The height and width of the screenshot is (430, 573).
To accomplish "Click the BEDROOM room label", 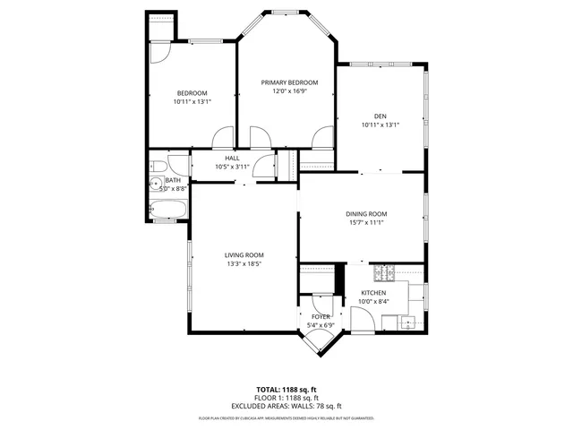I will point(192,93).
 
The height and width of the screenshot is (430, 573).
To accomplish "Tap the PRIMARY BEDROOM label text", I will point(289,82).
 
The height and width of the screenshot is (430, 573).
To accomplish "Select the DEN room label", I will point(380,116).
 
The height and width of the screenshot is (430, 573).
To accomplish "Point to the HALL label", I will point(232,158).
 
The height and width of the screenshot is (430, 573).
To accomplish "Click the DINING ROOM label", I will point(365,213).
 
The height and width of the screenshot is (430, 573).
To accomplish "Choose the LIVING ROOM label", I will point(244,255).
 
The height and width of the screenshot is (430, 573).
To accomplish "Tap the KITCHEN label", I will point(373,293).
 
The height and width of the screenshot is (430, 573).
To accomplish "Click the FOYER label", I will point(321,317).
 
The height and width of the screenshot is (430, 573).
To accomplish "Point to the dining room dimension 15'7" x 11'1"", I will point(365,223).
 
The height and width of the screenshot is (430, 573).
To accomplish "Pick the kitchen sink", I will point(409,323).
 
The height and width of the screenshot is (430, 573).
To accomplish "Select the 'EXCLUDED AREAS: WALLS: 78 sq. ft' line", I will point(286,406).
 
